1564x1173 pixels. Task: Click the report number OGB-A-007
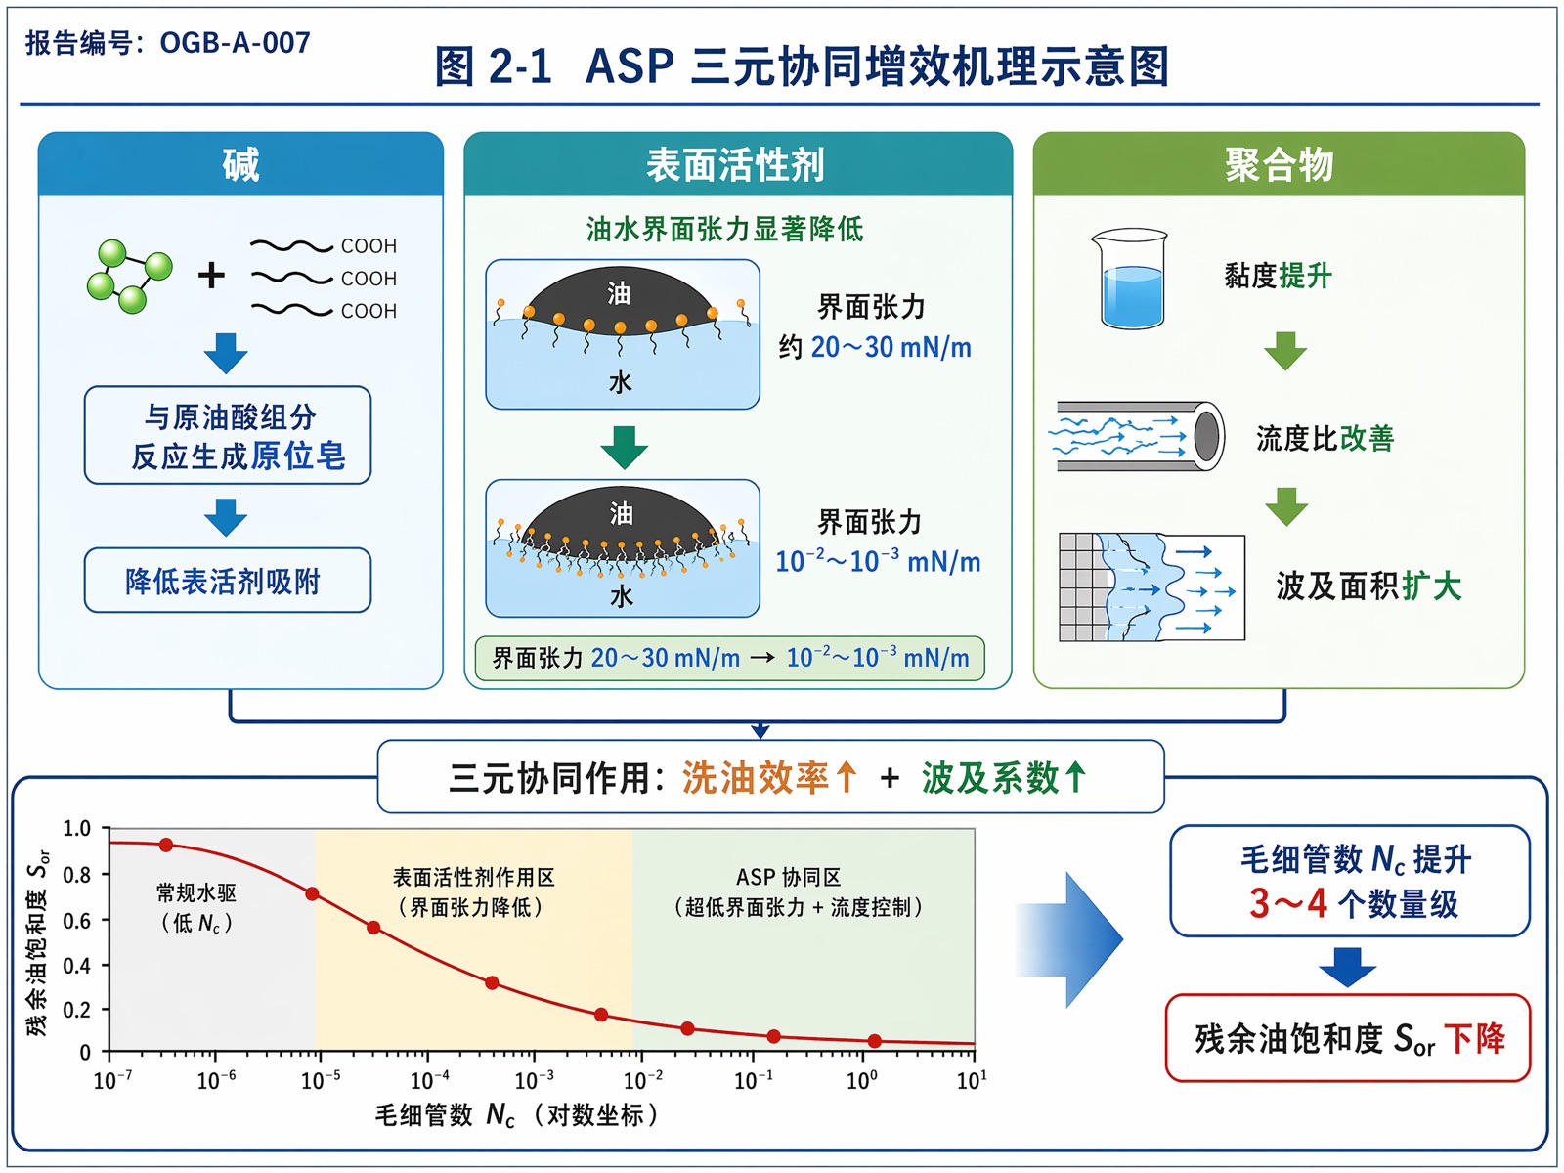[x=236, y=43]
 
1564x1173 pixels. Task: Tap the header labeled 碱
[x=240, y=164]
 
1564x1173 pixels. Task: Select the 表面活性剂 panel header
[x=737, y=164]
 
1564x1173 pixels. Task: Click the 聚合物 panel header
[x=1279, y=164]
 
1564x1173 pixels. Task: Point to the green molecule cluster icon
[x=129, y=277]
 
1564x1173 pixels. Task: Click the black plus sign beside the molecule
[x=211, y=276]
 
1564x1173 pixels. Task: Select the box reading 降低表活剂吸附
[x=228, y=581]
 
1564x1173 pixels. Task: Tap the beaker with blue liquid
[x=1131, y=279]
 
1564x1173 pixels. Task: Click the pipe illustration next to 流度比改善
[x=1137, y=437]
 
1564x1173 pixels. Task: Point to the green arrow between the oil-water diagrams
[x=625, y=448]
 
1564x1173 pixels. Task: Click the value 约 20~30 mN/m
[x=875, y=348]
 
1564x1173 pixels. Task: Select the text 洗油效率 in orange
[x=756, y=777]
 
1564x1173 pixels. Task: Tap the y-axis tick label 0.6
[x=77, y=920]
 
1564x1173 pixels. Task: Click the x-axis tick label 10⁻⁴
[x=430, y=1080]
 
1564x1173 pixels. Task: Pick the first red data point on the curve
[x=166, y=845]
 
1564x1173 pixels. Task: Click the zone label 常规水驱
[x=195, y=892]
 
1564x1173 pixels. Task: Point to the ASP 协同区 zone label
[x=788, y=877]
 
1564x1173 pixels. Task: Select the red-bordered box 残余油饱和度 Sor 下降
[x=1347, y=1038]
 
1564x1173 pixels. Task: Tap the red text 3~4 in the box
[x=1288, y=903]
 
